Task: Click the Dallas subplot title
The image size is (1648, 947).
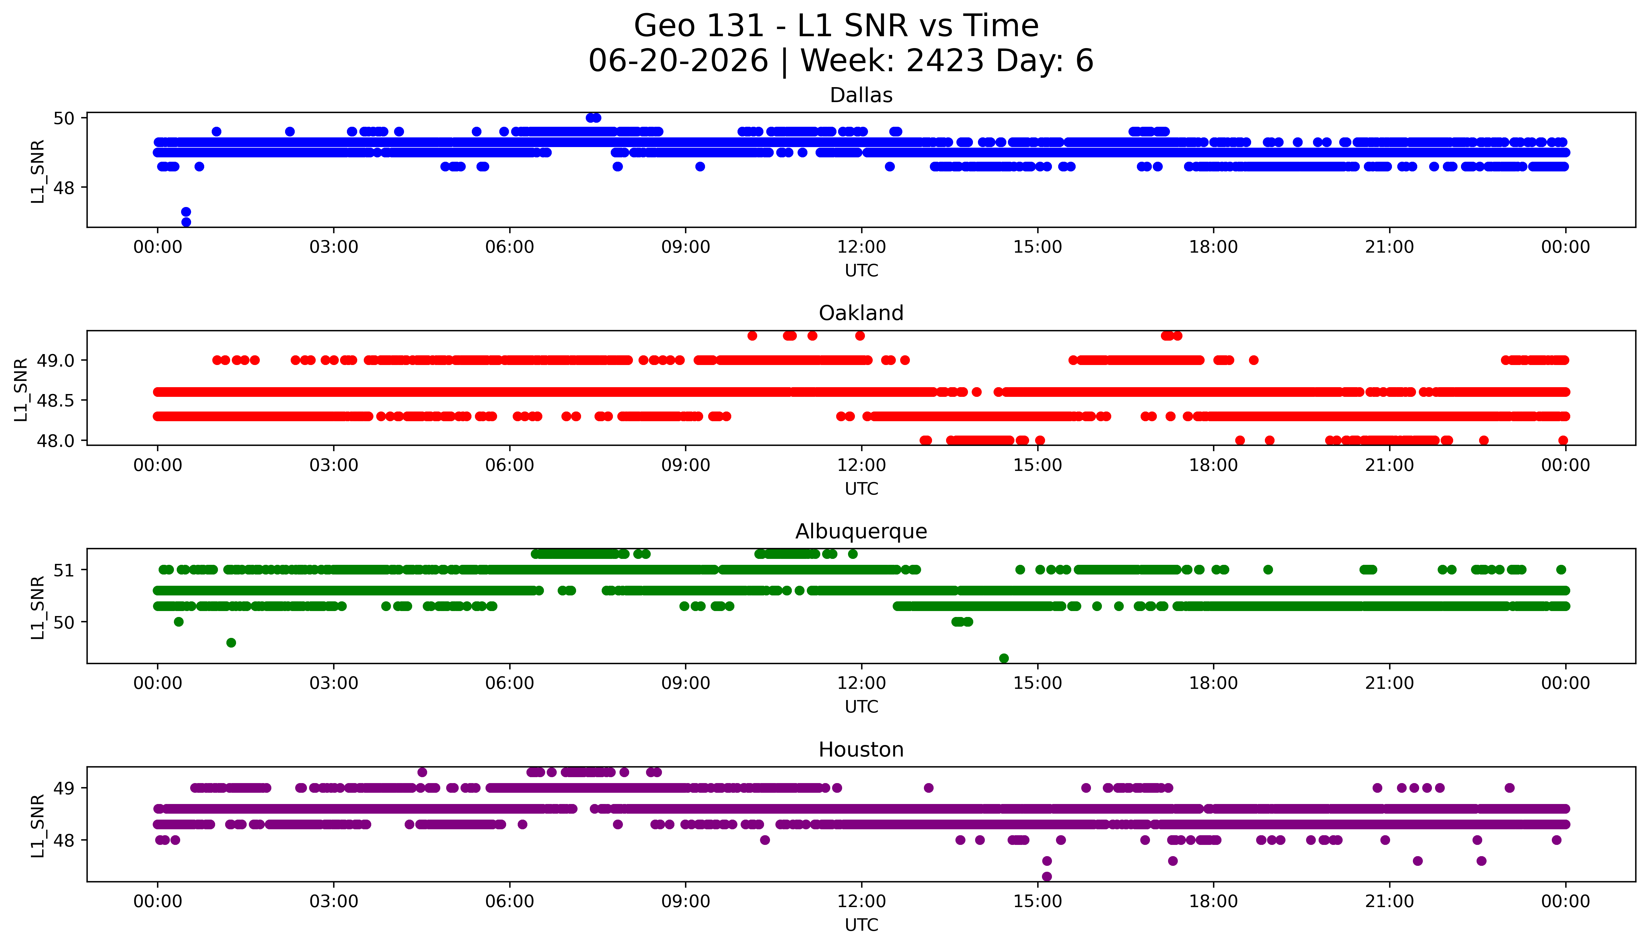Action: (861, 96)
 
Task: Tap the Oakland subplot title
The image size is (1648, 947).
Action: (861, 313)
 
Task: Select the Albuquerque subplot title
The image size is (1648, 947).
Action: (861, 531)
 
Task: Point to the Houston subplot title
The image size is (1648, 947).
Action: (861, 750)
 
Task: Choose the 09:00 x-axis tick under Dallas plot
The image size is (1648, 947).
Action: (685, 247)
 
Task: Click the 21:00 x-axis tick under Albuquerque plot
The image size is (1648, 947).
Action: (1389, 683)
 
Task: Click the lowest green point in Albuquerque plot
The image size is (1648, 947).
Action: (1004, 658)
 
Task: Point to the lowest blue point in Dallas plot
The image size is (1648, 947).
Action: (186, 222)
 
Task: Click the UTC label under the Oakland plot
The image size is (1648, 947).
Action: (861, 488)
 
